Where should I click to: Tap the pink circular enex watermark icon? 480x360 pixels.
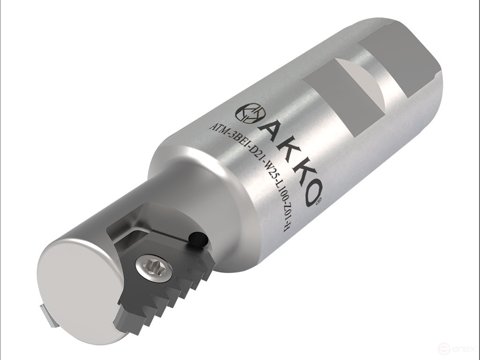pyautogui.click(x=443, y=349)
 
